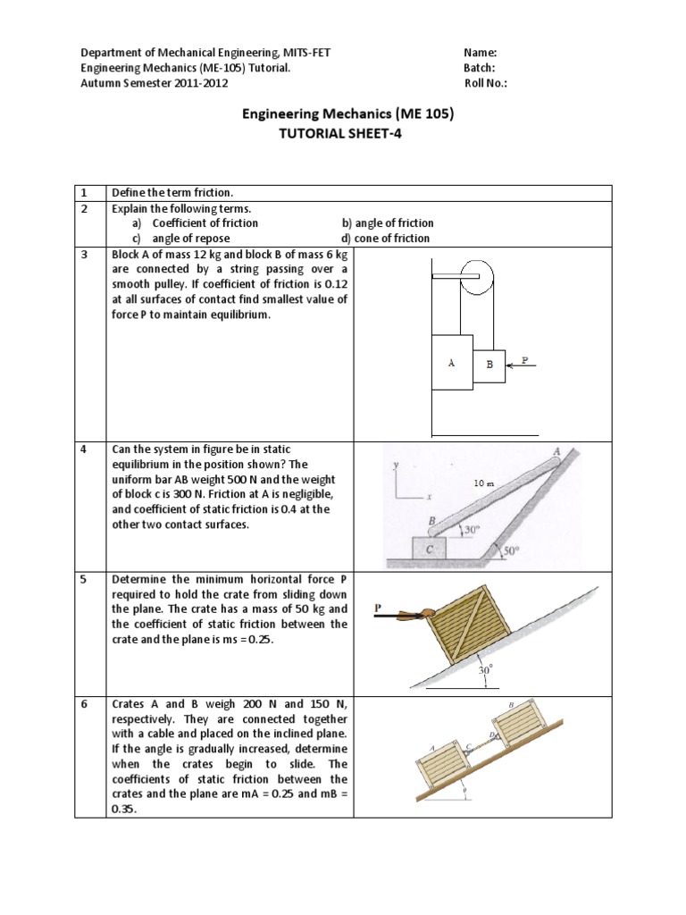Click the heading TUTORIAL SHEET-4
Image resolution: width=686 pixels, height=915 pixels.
(x=344, y=134)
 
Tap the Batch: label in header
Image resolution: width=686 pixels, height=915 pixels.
(x=480, y=68)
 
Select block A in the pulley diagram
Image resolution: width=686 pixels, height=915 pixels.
(x=452, y=363)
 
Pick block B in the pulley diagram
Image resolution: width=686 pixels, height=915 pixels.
(x=489, y=365)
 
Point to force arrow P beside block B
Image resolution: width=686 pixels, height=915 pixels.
(x=520, y=364)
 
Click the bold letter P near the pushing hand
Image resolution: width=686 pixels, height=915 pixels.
(x=378, y=607)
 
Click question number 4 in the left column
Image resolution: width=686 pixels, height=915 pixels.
(x=83, y=449)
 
